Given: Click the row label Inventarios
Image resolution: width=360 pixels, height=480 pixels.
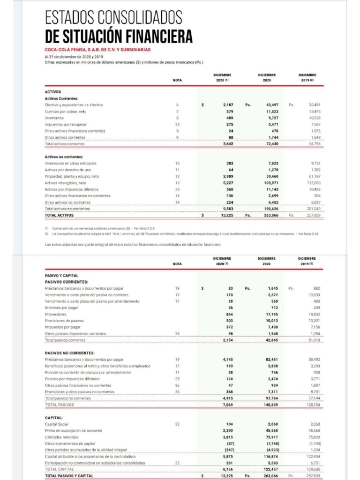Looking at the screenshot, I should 54,118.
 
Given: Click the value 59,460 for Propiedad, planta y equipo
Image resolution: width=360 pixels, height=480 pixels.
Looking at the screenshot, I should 272,176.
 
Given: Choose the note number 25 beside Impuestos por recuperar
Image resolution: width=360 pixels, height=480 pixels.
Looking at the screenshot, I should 177,125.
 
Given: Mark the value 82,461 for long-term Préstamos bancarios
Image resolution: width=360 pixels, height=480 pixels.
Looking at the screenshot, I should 272,360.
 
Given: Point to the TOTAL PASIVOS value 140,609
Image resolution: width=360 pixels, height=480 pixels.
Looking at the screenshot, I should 271,404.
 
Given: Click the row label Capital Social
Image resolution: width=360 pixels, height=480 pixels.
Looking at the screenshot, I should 57,424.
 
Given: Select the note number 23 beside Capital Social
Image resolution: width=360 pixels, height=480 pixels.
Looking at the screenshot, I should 177,424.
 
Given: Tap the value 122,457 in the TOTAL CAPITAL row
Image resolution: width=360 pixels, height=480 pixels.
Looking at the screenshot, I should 271,469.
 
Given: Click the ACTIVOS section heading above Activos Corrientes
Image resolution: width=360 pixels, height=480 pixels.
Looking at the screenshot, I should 53,92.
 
